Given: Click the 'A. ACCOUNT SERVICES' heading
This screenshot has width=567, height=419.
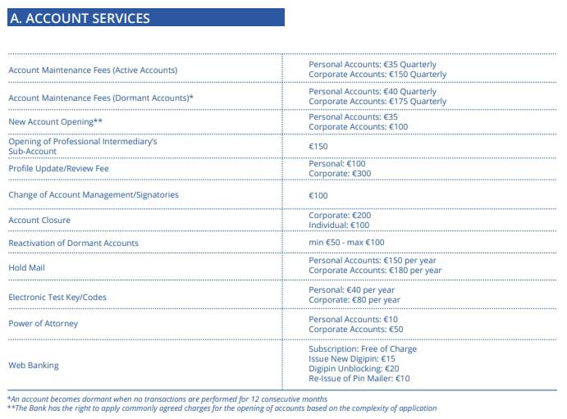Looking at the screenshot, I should (x=80, y=18).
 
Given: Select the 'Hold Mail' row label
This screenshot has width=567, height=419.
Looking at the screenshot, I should (x=28, y=266).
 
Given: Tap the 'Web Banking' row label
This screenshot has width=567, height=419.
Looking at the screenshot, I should (x=34, y=365).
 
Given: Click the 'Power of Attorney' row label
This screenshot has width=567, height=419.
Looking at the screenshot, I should (x=43, y=324).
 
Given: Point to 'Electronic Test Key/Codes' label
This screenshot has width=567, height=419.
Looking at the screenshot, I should (x=57, y=297).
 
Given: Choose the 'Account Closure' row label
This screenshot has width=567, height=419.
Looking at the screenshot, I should (x=39, y=221).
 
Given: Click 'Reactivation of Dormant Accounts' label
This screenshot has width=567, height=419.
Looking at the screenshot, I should (x=73, y=244).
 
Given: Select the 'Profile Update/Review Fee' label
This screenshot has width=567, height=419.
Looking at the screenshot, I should (x=58, y=169).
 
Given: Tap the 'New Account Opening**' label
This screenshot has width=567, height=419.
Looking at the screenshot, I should (x=55, y=122).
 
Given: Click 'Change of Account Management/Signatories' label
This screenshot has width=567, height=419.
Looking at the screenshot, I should (x=93, y=195).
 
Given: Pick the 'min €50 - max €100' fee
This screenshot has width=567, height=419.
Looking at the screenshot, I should (x=346, y=243).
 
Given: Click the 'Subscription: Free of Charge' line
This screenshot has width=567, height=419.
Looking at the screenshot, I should (x=362, y=349).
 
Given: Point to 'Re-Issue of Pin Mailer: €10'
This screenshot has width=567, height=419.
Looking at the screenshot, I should (x=359, y=379).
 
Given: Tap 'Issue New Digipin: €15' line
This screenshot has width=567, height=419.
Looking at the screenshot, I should (x=351, y=359).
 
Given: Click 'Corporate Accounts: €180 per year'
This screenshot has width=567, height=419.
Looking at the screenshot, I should (x=374, y=271).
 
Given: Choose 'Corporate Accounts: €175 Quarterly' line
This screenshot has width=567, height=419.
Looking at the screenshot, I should (x=377, y=102).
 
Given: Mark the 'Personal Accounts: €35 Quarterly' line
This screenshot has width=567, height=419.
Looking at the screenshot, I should (x=373, y=65).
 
